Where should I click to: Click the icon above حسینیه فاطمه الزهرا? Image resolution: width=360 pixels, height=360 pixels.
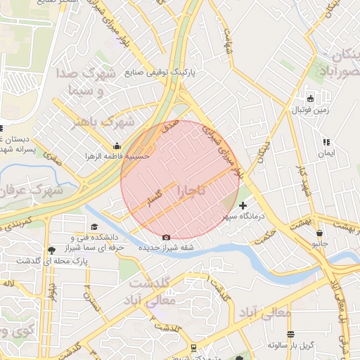[x=116, y=146]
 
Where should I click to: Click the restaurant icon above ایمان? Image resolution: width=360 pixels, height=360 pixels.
[x=326, y=142]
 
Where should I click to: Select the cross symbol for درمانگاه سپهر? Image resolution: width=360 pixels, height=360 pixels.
[x=243, y=206]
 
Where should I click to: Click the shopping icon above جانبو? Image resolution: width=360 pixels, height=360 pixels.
[x=320, y=233]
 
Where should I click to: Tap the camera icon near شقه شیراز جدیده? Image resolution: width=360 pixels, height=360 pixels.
[x=166, y=238]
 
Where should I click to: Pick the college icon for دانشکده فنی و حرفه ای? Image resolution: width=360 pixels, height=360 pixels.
[x=94, y=226]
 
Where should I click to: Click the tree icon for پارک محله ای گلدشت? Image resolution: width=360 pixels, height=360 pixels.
[x=51, y=250]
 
